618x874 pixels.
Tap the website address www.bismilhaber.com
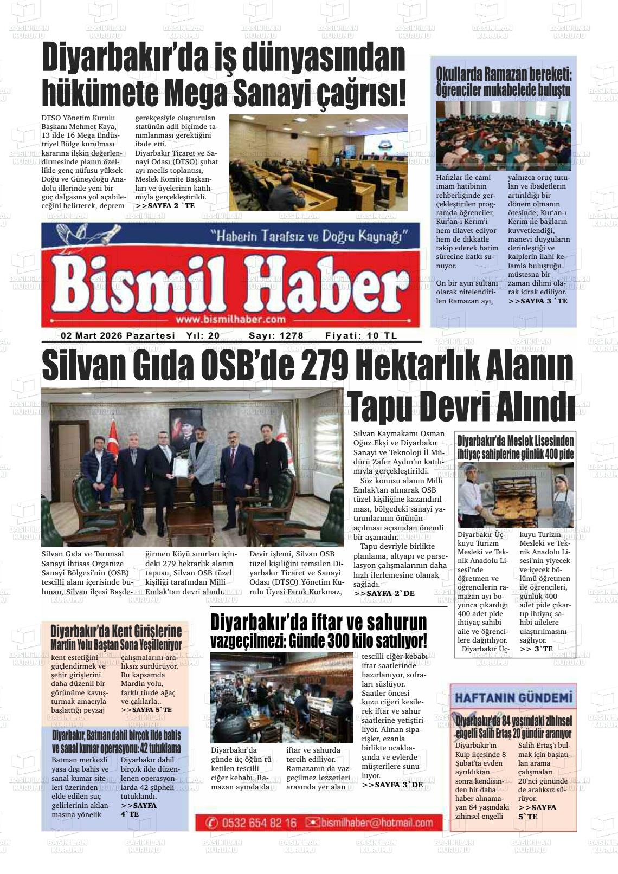pos(230,319)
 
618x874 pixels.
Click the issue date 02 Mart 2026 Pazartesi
pos(118,336)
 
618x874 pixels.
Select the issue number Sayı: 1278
pos(276,336)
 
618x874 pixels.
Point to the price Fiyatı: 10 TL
pos(361,336)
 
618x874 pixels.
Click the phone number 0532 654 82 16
pos(253,823)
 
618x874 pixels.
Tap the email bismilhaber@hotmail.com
pos(372,823)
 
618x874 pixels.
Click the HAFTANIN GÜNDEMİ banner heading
pos(513,697)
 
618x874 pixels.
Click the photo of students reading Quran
pos(503,135)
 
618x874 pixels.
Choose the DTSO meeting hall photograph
pos(318,163)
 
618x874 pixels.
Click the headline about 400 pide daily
pos(515,447)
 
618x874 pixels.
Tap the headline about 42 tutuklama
pos(116,742)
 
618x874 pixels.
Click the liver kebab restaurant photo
pos(281,698)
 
